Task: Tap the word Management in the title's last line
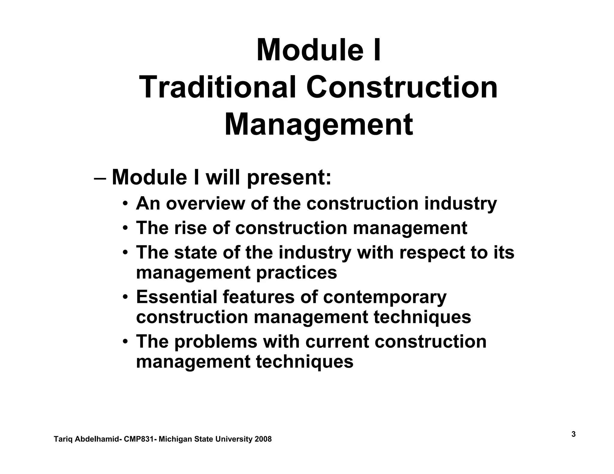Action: pos(319,124)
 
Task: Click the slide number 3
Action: pos(573,434)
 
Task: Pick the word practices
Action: pos(297,273)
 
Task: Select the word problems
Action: pos(216,342)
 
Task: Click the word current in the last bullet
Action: pos(337,342)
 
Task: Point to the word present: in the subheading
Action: pos(289,178)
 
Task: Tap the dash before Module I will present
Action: pos(100,178)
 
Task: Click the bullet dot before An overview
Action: pos(125,204)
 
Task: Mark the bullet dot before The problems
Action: pos(125,342)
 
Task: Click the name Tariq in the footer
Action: pos(63,439)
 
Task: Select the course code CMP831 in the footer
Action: pos(139,439)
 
